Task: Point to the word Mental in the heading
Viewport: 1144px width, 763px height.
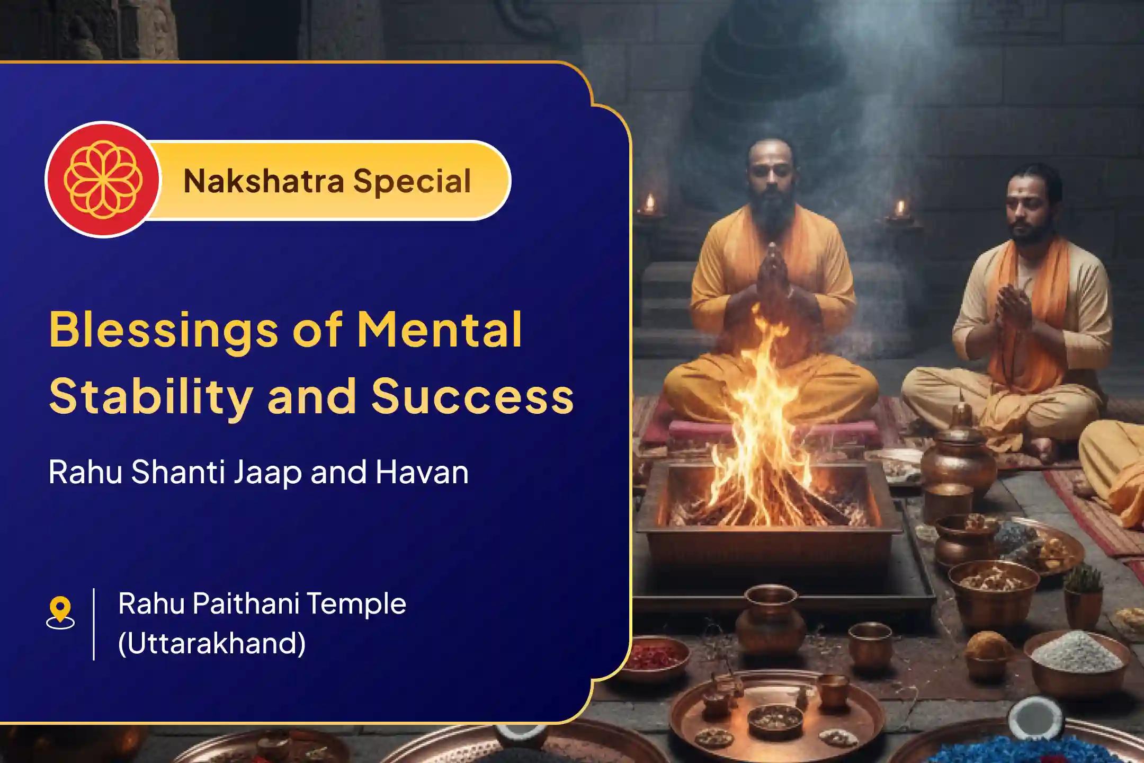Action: coord(440,330)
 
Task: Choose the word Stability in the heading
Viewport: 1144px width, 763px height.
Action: coord(150,397)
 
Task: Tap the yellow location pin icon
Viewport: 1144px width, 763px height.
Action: coord(60,612)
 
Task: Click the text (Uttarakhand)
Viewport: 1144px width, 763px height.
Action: coord(212,643)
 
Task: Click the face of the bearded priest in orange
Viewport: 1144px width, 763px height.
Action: coord(772,183)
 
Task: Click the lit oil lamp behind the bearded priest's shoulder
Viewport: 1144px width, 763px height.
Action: coord(649,204)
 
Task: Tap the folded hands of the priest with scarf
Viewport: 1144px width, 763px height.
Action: coord(1013,307)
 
